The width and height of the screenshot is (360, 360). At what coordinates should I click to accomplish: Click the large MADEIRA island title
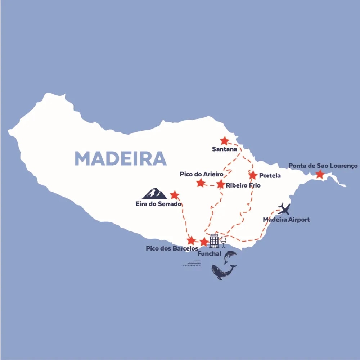[x=121, y=158]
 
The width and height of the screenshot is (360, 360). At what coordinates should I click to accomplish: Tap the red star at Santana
[x=225, y=141]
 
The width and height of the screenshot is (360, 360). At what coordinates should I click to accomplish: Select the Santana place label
[x=225, y=149]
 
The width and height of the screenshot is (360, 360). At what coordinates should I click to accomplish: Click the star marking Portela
[x=253, y=175]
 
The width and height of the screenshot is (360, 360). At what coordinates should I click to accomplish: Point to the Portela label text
[x=270, y=176]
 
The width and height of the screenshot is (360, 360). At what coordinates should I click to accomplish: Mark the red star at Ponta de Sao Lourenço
[x=320, y=175]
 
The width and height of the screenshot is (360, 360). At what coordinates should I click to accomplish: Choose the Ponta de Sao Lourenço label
[x=323, y=166]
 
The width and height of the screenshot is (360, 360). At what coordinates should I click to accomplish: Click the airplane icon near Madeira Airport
[x=284, y=209]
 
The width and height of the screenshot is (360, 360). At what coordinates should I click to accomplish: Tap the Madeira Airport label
[x=286, y=220]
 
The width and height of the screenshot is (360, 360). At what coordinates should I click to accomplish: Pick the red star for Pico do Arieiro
[x=201, y=183]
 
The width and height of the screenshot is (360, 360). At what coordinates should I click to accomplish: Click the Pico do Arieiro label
[x=201, y=174]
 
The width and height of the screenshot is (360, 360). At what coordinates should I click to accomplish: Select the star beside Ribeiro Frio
[x=221, y=185]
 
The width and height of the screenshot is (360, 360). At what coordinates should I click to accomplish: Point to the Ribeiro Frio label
[x=243, y=186]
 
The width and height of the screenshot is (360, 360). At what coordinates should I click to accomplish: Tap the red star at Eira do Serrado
[x=175, y=195]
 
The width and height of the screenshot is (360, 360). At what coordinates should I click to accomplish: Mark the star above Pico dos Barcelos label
[x=191, y=240]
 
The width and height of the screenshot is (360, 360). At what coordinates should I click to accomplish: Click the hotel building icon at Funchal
[x=214, y=241]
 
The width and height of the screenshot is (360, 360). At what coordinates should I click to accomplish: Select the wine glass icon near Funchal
[x=224, y=242]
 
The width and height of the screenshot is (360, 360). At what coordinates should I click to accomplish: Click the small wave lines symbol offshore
[x=191, y=264]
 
